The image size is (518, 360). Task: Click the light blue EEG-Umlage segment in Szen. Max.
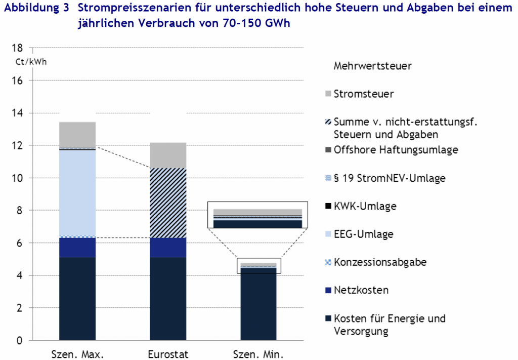pyautogui.click(x=77, y=193)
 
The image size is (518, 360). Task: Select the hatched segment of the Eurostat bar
pyautogui.click(x=168, y=203)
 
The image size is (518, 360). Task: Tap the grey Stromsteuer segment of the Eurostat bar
pyautogui.click(x=168, y=155)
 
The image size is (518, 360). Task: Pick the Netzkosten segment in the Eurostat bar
pyautogui.click(x=168, y=247)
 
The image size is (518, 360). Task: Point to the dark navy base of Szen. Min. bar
pyautogui.click(x=258, y=304)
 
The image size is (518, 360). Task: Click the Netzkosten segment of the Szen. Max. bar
pyautogui.click(x=77, y=247)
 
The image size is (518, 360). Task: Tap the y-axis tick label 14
pyautogui.click(x=19, y=113)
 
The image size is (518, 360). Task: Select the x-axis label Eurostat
pyautogui.click(x=168, y=353)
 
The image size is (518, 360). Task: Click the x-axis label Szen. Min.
pyautogui.click(x=258, y=353)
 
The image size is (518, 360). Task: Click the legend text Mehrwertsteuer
pyautogui.click(x=373, y=66)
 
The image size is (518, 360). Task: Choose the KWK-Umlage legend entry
pyautogui.click(x=364, y=206)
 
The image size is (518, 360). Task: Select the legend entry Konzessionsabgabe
pyautogui.click(x=379, y=262)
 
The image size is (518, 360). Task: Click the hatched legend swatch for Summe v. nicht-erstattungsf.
pyautogui.click(x=328, y=123)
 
